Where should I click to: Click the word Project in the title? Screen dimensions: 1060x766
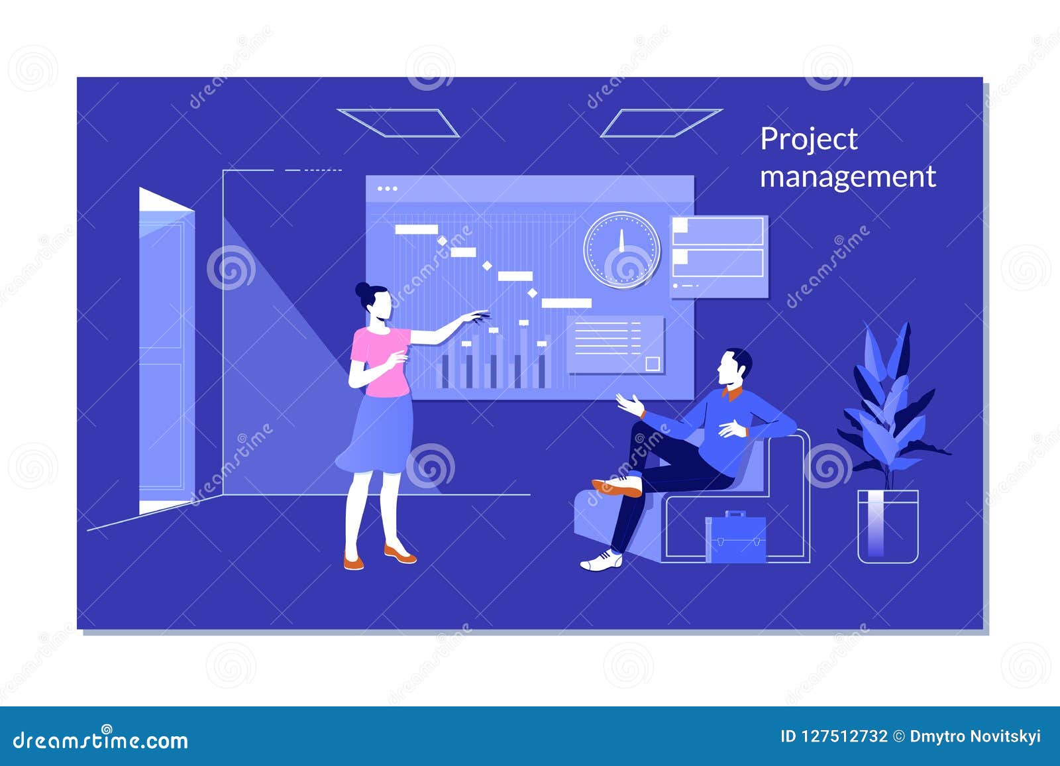point(809,140)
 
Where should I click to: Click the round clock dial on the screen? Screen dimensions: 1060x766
point(621,250)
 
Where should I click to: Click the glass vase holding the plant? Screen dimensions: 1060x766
point(888,526)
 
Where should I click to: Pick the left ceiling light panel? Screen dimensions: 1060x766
point(397,123)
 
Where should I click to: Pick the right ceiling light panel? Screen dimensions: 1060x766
point(661,123)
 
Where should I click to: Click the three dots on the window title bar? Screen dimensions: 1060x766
point(387,189)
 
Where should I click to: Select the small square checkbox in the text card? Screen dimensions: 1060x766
point(653,364)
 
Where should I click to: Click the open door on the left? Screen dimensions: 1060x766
point(166,351)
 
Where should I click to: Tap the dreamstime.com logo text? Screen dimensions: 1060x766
point(100,740)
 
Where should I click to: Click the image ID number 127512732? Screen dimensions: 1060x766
point(844,737)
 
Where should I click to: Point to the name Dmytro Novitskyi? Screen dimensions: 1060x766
point(975,737)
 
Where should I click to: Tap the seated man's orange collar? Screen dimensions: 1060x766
point(733,393)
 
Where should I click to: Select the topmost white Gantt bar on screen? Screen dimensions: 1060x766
point(416,229)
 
